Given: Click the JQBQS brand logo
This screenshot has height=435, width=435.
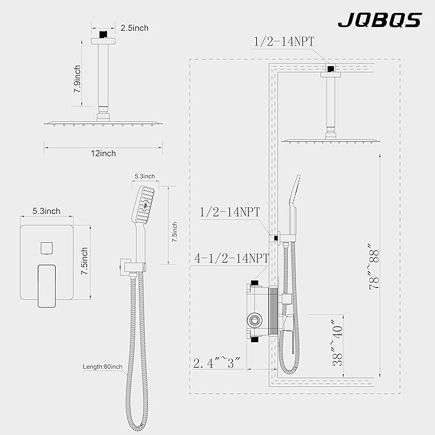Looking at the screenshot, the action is [380, 20].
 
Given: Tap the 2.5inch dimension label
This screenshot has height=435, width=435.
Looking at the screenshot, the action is [135, 28].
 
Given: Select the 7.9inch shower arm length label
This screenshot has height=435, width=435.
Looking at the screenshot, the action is [77, 79].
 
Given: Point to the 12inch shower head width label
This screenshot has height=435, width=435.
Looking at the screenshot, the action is [103, 153].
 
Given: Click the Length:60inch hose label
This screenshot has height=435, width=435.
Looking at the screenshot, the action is [103, 366].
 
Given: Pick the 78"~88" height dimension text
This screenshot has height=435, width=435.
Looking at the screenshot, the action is [373, 267].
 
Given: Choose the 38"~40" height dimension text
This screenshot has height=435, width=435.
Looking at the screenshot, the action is [338, 342].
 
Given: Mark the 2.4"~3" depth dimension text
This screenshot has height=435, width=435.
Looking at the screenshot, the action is [217, 363].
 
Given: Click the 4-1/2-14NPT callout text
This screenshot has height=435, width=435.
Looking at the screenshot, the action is [231, 258].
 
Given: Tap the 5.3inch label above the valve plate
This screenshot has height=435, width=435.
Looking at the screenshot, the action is [46, 211].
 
